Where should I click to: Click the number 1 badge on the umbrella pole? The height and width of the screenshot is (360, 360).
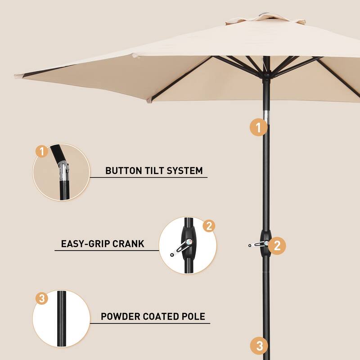(x=258, y=127)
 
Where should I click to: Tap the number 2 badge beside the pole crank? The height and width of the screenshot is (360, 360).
(x=277, y=245)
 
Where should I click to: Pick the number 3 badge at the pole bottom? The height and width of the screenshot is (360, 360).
(x=259, y=346)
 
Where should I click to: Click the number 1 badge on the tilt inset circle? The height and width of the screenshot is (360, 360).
(x=41, y=152)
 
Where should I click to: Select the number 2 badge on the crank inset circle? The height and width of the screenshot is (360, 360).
(x=208, y=226)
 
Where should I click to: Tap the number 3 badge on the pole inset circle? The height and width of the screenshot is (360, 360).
(x=41, y=298)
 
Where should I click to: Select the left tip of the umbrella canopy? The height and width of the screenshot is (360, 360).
(x=16, y=75)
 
